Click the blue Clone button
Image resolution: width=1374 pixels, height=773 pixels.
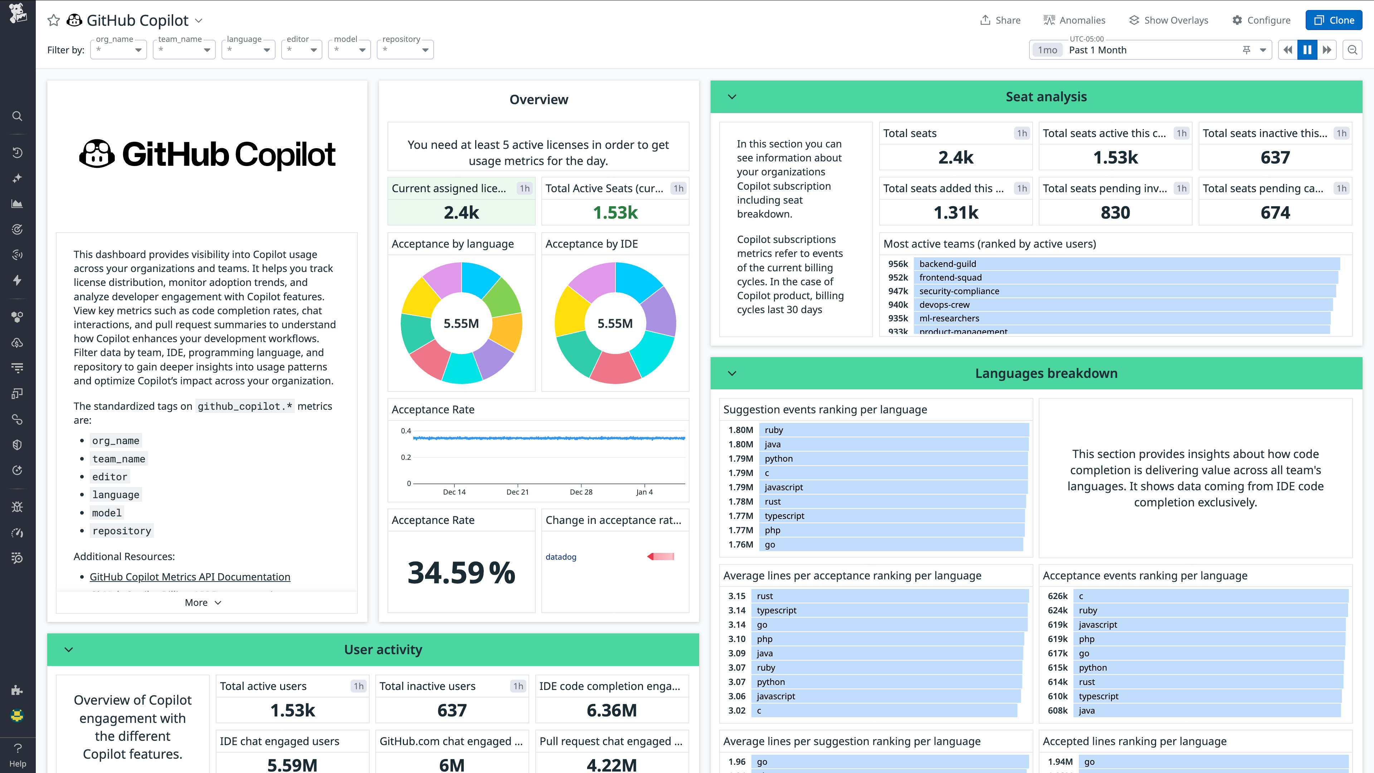(1334, 20)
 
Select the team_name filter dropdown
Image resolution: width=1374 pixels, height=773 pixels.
(184, 50)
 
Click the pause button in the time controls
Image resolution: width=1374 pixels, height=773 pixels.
(1307, 50)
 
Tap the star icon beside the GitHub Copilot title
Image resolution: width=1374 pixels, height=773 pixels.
(53, 20)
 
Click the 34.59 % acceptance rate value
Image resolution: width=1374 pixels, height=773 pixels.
(461, 573)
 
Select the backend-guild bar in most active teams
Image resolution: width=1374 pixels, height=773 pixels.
(1125, 263)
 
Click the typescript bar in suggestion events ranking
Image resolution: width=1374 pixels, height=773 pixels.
(891, 515)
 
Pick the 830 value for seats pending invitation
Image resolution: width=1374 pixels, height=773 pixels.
(1115, 212)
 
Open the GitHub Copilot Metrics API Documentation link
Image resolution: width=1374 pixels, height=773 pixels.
(190, 577)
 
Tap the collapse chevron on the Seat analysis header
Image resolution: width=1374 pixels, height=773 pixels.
(732, 97)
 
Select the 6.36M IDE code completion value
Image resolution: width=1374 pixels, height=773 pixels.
(611, 710)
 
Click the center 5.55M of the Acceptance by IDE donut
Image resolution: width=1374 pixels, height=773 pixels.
(614, 323)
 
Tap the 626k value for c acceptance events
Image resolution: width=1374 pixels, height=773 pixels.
(1057, 596)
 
